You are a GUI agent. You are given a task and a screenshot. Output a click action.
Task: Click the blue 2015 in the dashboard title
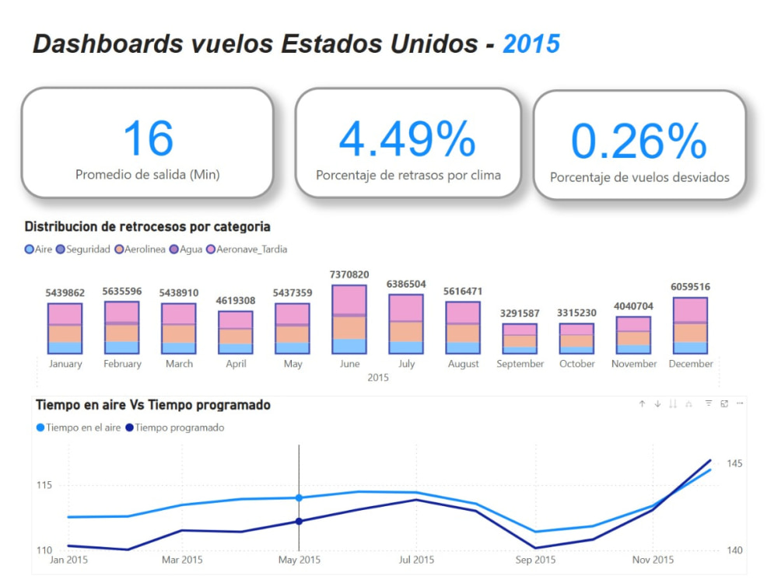point(531,44)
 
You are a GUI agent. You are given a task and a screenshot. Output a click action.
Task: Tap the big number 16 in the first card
point(148,138)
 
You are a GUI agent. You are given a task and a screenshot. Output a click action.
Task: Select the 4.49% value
point(408,139)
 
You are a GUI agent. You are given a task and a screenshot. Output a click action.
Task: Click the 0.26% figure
point(639,141)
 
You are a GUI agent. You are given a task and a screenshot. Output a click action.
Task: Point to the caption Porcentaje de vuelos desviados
point(640,177)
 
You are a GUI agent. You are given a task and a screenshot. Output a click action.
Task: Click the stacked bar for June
point(350,319)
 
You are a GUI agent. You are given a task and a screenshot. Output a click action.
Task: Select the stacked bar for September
point(520,338)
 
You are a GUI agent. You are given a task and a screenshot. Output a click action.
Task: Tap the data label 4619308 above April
point(236,300)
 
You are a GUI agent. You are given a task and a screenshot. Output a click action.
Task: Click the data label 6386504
point(406,284)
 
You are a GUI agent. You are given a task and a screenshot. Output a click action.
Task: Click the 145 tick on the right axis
point(735,464)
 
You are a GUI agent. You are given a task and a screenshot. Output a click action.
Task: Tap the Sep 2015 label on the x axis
point(535,560)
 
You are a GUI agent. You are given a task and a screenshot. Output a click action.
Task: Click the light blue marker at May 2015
point(299,497)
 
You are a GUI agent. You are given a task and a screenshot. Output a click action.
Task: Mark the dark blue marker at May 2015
point(299,521)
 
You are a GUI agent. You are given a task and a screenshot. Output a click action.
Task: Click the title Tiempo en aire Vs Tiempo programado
point(153,405)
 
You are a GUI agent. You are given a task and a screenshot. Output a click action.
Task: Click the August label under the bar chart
point(463,364)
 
